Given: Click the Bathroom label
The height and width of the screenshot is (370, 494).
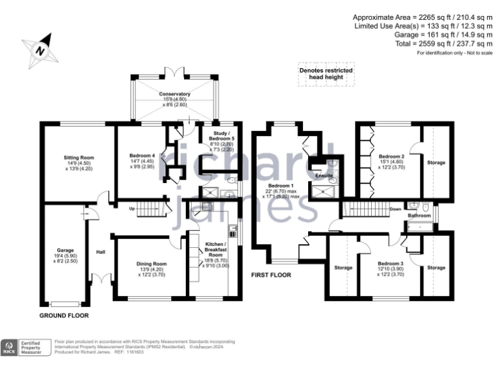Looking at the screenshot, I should tap(418, 216).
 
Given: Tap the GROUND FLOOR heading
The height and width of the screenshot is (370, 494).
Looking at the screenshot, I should tap(64, 315).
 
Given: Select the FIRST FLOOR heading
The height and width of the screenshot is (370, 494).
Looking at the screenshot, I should tap(271, 275).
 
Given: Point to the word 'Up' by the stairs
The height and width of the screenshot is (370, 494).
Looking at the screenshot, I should tap(133, 208).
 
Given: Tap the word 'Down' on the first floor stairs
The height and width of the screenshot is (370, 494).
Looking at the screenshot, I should tap(396, 208).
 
